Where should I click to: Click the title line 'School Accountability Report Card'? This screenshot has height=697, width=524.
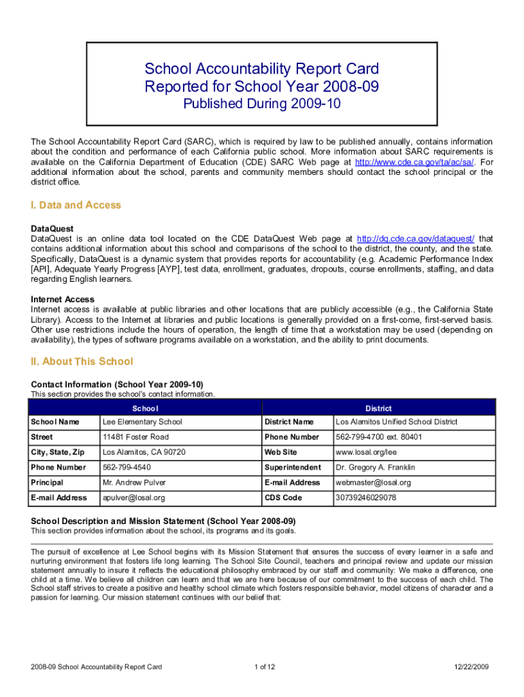point(261,69)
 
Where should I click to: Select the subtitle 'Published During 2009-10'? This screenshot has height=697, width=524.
point(262,104)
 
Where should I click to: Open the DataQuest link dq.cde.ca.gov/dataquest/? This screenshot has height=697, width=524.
point(416,239)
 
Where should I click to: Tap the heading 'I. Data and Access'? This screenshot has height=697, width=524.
point(76,205)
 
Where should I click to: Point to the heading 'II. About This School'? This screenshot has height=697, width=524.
point(82,361)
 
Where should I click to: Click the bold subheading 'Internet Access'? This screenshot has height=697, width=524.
point(63,299)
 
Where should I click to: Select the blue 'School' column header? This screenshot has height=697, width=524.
point(145,408)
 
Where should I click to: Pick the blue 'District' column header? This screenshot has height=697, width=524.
point(378,408)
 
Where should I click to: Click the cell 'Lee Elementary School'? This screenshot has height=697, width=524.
point(142,422)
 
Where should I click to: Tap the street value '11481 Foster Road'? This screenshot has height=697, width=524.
point(135,437)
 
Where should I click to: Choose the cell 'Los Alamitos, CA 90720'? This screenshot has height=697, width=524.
point(144,452)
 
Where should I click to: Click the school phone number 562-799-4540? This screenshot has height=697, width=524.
point(127,468)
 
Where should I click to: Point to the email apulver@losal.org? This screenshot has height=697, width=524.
point(133,498)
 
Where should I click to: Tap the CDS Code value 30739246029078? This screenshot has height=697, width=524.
point(366,498)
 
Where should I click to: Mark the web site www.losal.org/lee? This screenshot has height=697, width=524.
point(366,452)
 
